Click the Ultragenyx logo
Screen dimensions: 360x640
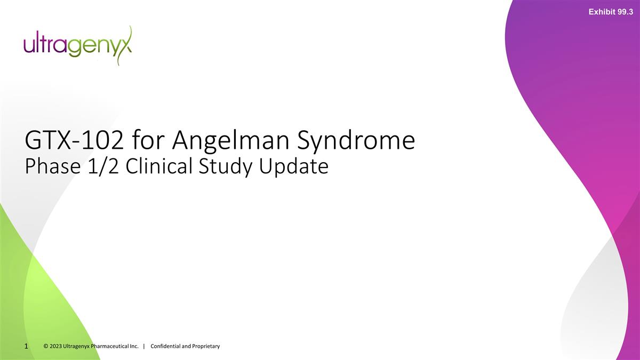click(77, 45)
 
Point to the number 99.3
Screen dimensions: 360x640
click(625, 11)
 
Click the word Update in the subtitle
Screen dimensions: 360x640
click(294, 167)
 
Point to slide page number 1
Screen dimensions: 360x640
click(26, 347)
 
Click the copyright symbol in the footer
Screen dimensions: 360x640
click(46, 347)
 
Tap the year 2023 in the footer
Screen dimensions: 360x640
click(55, 347)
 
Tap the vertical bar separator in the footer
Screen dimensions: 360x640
click(145, 347)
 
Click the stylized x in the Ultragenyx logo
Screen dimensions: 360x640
click(125, 45)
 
